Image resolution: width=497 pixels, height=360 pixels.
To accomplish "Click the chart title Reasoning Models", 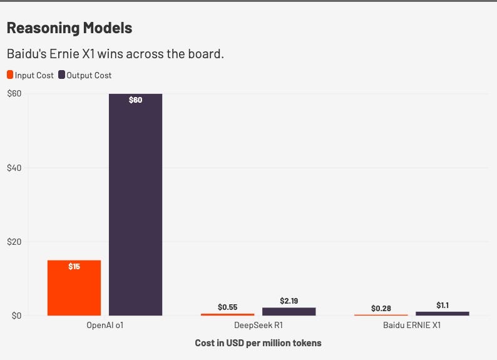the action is tap(69, 28).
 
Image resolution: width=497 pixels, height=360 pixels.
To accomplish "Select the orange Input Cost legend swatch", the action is tap(10, 75).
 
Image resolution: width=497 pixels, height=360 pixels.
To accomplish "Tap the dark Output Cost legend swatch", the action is tap(61, 75).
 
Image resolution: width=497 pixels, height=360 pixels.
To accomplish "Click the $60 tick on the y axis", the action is tap(14, 93).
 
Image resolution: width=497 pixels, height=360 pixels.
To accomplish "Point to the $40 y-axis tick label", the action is tap(14, 168).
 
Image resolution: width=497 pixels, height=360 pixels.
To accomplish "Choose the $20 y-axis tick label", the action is tap(14, 242).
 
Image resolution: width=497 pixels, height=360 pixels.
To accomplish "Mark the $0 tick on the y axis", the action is tap(16, 316).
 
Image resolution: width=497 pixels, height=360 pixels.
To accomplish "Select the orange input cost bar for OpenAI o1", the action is tap(74, 288).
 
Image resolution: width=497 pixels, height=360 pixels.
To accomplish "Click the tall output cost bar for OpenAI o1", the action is tap(135, 205).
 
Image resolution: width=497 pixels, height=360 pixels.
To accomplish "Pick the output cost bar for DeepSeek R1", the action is tap(289, 312).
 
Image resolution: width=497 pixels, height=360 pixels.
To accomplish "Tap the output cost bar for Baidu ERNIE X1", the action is tap(443, 314).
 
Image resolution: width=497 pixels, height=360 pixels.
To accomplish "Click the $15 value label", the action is tap(74, 267).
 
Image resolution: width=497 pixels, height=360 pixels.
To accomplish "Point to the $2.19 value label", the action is tap(289, 301).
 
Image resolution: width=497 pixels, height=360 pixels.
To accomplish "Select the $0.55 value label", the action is tap(228, 307).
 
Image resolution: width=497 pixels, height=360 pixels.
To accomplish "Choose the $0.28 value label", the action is tap(381, 308).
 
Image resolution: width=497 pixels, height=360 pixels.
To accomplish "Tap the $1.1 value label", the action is tap(443, 305).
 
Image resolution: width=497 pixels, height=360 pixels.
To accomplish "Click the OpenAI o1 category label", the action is tap(105, 325).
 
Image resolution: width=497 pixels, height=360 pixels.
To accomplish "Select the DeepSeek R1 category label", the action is tap(259, 325).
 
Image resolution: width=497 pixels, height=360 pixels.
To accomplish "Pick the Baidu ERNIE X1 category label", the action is tap(412, 325).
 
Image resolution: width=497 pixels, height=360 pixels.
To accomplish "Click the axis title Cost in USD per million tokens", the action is tap(258, 343).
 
